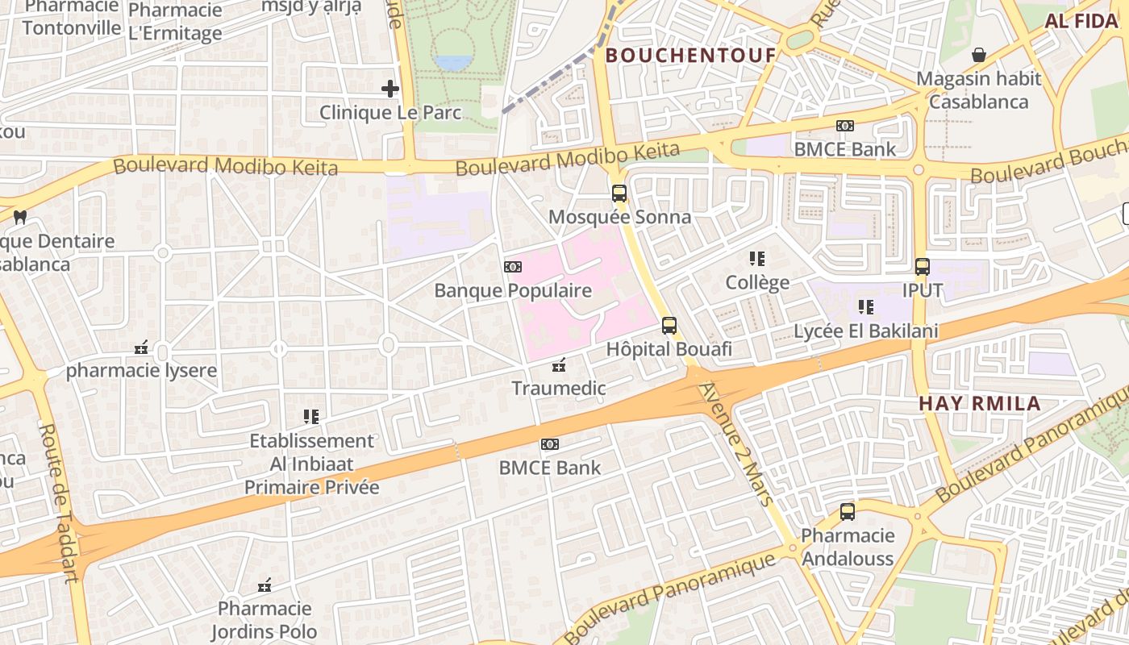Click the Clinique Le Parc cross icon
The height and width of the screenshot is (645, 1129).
[x=390, y=89]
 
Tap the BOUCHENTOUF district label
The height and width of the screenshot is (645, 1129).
[x=690, y=56]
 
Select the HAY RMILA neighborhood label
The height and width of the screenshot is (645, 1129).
[x=980, y=404]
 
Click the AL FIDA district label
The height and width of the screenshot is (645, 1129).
[x=1081, y=22]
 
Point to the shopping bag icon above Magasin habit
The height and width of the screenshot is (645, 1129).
[x=978, y=55]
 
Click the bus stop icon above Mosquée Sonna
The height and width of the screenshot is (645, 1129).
[x=619, y=193]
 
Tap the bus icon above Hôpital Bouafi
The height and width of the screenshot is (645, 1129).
[x=669, y=326]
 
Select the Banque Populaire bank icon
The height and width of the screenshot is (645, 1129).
[x=512, y=267]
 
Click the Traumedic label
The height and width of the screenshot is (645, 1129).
[x=558, y=389]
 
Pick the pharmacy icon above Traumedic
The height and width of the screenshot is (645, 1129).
[x=558, y=365]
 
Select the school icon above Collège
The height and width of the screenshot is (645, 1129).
[x=756, y=259]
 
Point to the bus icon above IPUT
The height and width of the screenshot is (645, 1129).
[x=922, y=267]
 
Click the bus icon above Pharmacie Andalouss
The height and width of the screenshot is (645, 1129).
[x=847, y=512]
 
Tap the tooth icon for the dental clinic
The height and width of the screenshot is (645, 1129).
[x=21, y=217]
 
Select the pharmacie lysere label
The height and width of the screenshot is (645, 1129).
[x=141, y=372]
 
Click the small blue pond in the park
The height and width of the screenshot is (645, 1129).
[x=453, y=62]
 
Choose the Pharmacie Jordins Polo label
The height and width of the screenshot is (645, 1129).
[x=264, y=620]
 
